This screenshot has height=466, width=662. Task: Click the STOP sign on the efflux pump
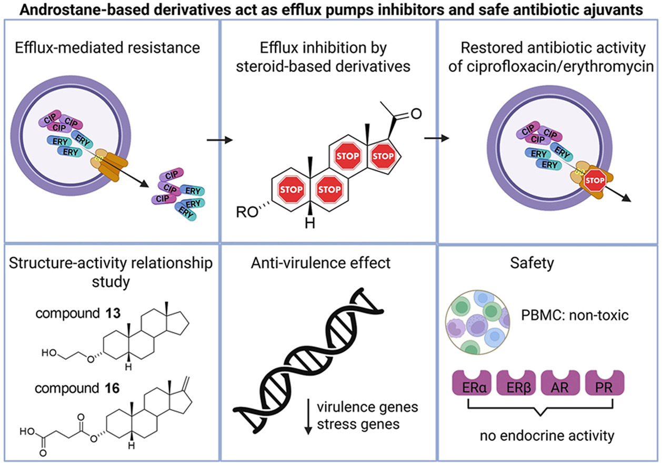pyautogui.click(x=595, y=181)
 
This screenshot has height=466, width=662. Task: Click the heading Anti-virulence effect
pyautogui.click(x=327, y=261)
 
